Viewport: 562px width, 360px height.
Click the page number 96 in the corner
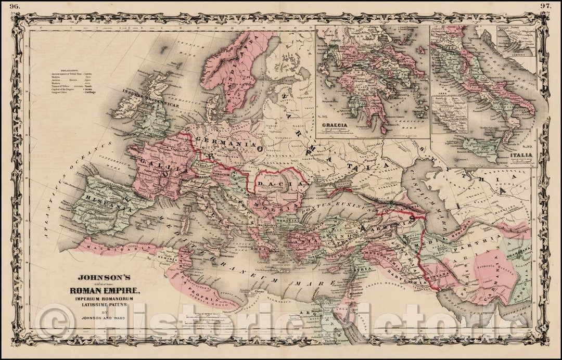pyautogui.click(x=8, y=7)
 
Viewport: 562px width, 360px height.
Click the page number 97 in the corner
pyautogui.click(x=553, y=6)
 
